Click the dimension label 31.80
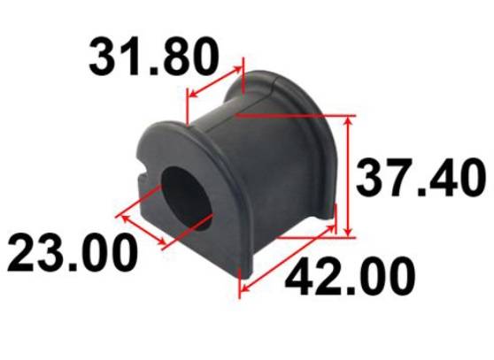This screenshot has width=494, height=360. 154,57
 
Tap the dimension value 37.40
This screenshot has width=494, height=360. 421,178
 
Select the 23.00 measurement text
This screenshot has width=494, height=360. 73,253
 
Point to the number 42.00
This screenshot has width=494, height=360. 350,277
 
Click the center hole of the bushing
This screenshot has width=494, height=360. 187,199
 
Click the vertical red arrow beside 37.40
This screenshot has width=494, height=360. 348,176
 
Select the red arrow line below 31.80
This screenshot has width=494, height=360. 216,81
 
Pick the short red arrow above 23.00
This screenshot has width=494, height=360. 143,229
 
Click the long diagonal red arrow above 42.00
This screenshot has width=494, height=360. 288,258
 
